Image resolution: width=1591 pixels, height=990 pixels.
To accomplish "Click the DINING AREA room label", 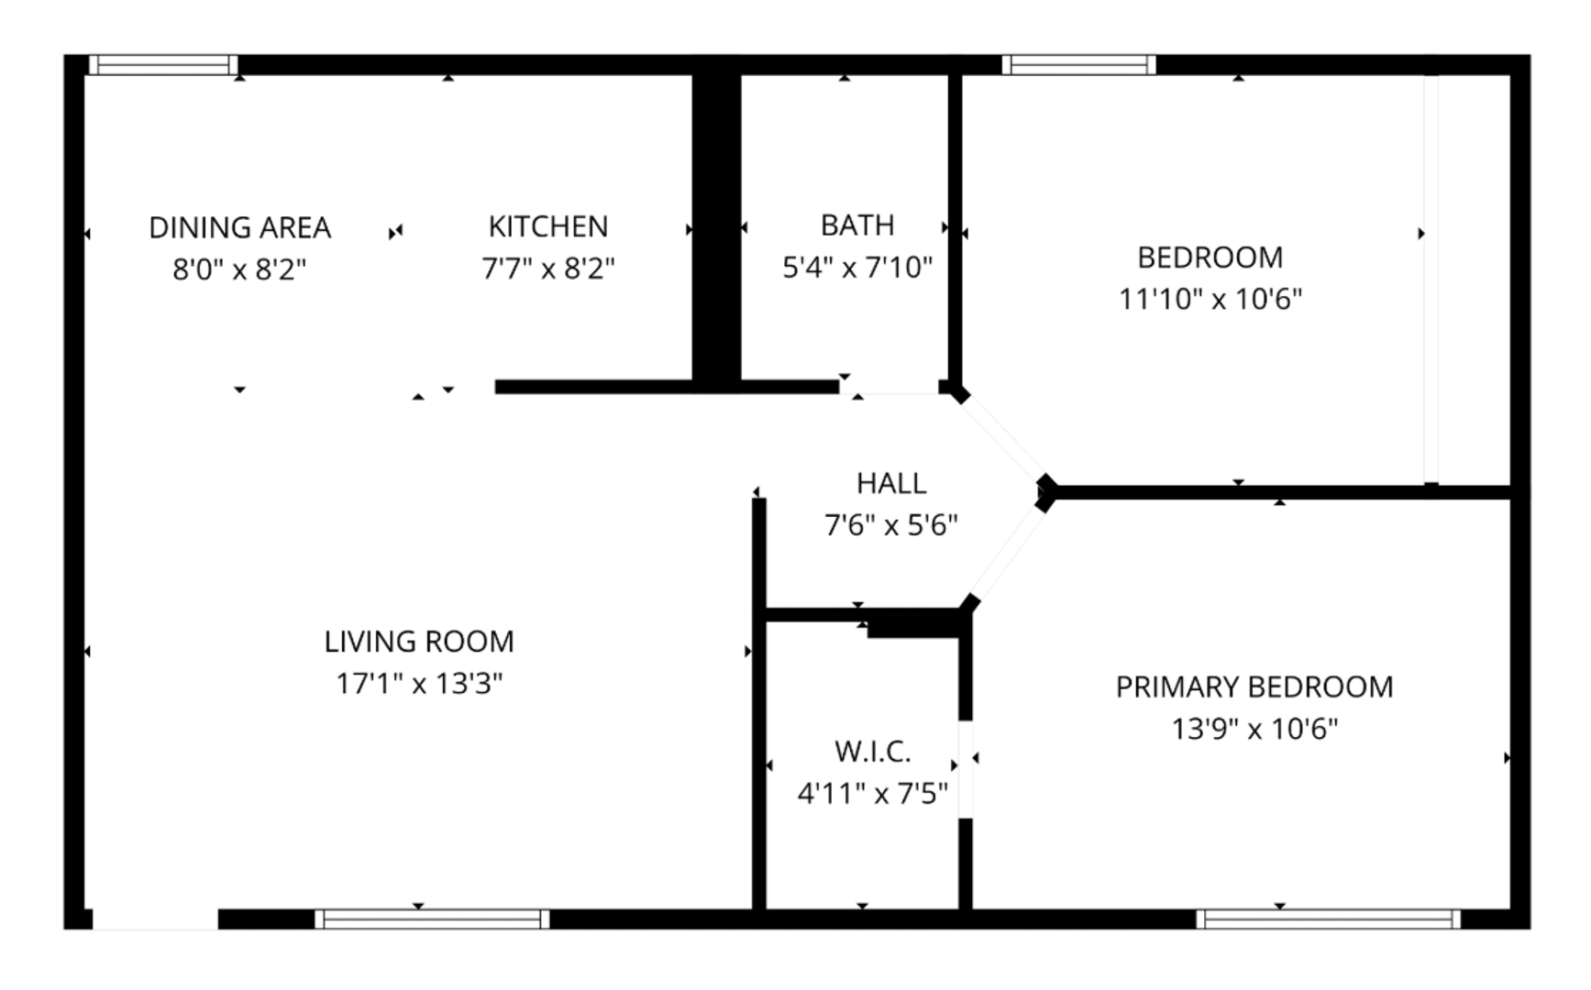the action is (x=239, y=227).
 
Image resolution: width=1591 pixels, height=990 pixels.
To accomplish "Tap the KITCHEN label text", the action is (x=547, y=226).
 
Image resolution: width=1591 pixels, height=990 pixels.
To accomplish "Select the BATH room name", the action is (x=857, y=225).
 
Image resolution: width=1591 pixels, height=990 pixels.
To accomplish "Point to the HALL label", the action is (x=891, y=483).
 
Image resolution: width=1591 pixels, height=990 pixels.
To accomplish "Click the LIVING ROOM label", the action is (x=419, y=641).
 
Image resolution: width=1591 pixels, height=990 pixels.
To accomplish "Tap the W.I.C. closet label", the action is (x=872, y=752).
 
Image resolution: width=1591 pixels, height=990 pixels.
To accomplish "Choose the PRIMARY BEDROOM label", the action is (x=1254, y=687).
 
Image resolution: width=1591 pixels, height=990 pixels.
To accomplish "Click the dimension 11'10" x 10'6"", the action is (x=1210, y=299).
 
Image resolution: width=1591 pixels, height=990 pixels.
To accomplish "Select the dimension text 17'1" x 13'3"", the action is (x=419, y=683).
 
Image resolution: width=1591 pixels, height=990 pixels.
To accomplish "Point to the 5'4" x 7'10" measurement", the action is (x=857, y=267).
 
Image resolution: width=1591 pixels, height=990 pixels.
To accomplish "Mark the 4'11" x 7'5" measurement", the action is (x=872, y=793).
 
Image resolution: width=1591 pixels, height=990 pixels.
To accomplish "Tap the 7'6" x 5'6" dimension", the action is (x=891, y=525).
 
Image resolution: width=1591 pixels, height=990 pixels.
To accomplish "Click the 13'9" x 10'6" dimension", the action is (x=1254, y=729).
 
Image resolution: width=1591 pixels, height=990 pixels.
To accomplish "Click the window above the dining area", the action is (x=163, y=64).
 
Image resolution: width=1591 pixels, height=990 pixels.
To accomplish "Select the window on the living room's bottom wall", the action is (x=432, y=918).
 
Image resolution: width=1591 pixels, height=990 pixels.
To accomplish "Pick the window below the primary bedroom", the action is (x=1328, y=918).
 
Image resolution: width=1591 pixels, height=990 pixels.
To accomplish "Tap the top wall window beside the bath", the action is (x=1078, y=64).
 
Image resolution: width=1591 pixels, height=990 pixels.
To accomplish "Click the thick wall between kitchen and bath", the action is (x=716, y=227).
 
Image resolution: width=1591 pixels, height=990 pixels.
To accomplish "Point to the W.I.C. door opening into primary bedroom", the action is (x=966, y=769).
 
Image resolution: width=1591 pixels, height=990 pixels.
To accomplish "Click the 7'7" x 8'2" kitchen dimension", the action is (x=547, y=269).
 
